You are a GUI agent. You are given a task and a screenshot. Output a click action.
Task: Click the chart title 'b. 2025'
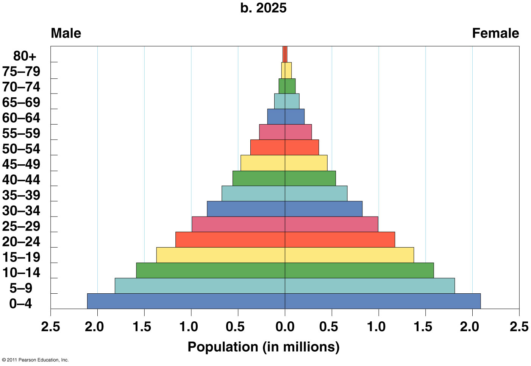click(x=263, y=8)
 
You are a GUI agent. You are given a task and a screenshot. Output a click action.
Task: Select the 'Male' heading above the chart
click(x=66, y=33)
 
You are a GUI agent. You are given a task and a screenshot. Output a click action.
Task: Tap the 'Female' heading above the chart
click(x=495, y=33)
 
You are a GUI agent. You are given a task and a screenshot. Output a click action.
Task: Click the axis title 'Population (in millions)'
click(x=263, y=347)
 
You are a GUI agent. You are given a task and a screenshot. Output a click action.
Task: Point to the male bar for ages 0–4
click(x=186, y=301)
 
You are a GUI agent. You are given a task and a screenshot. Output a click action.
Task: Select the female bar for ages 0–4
click(x=383, y=301)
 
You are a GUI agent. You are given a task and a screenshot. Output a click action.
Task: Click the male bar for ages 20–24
click(x=230, y=240)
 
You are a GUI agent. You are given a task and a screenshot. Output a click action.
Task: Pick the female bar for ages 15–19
click(x=349, y=255)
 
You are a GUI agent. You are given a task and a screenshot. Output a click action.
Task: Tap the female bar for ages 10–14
click(x=359, y=270)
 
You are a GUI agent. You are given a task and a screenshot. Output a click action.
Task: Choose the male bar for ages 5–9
click(x=200, y=286)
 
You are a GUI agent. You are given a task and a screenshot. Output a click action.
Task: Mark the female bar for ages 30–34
click(x=323, y=209)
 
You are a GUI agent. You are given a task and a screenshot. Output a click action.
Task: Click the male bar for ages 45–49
click(x=263, y=163)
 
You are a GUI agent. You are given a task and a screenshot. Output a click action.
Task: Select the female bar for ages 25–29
click(x=331, y=224)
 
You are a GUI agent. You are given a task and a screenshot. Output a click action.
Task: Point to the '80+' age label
click(x=25, y=56)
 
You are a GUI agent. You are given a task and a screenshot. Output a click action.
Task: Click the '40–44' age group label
click(x=21, y=180)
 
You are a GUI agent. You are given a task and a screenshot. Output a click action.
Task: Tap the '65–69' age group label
click(x=21, y=103)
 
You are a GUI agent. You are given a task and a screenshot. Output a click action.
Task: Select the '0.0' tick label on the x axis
click(x=285, y=326)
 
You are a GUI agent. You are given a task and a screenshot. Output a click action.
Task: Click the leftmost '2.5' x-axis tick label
click(x=51, y=326)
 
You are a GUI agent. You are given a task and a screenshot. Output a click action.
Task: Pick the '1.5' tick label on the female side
click(x=425, y=326)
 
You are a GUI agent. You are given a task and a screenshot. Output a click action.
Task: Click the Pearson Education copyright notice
click(x=35, y=360)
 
